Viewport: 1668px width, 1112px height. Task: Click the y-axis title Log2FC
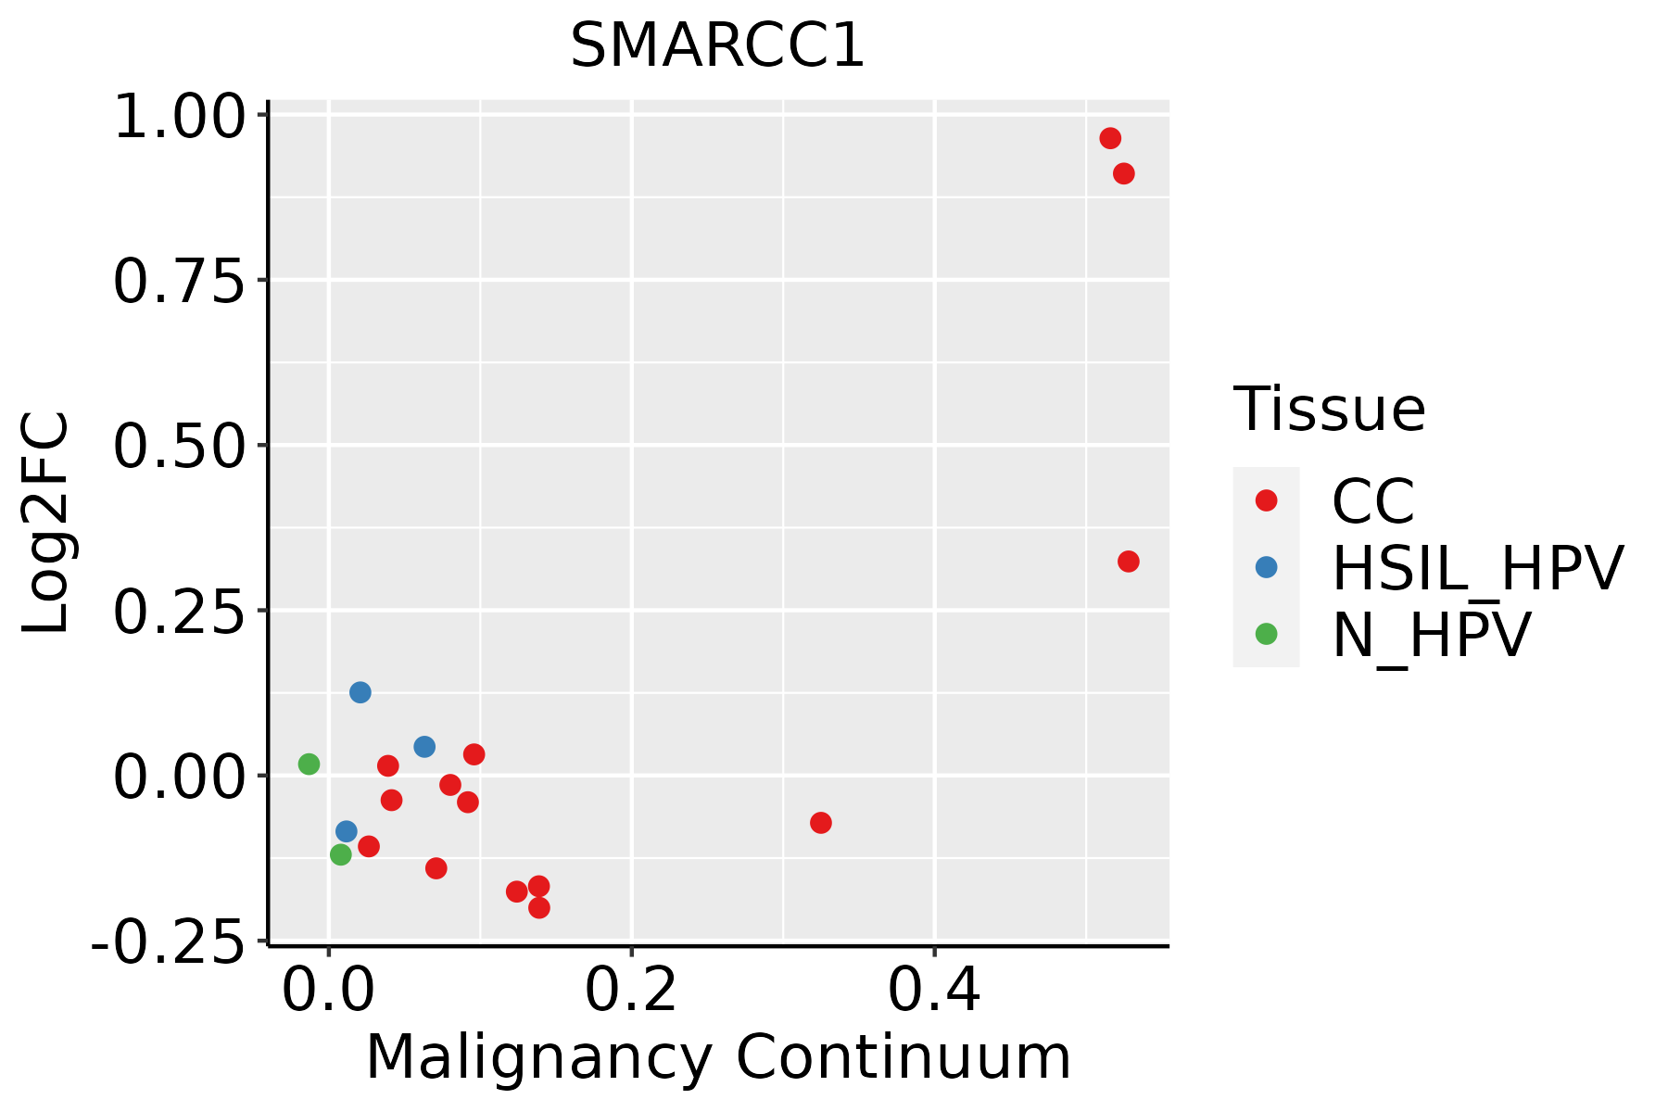(x=46, y=524)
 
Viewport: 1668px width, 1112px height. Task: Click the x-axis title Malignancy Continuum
(x=718, y=1058)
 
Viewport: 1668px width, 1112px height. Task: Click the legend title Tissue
(x=1330, y=409)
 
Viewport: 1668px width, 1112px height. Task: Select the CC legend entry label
(x=1373, y=501)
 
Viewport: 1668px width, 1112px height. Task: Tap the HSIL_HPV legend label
(x=1478, y=568)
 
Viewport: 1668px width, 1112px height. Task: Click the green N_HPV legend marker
(x=1266, y=634)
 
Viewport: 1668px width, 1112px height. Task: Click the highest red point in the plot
(x=1110, y=138)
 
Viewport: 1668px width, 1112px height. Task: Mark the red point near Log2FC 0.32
(x=1128, y=562)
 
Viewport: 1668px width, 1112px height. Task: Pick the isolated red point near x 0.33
(x=821, y=823)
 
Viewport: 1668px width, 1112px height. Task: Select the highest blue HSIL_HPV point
(x=360, y=692)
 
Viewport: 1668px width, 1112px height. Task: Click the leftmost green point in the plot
(x=310, y=764)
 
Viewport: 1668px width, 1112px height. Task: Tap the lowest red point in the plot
(x=539, y=907)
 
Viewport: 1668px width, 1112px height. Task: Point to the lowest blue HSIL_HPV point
(x=347, y=831)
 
